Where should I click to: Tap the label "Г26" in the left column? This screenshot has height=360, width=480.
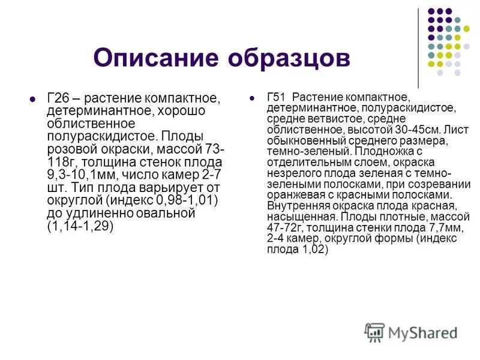[x=58, y=98]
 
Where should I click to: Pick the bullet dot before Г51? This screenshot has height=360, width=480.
[x=253, y=97]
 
